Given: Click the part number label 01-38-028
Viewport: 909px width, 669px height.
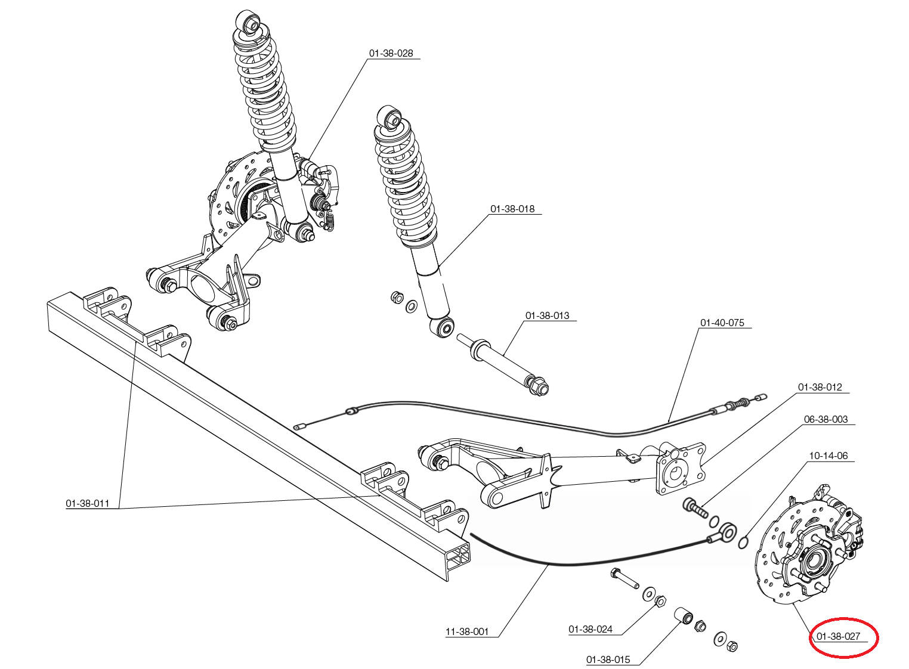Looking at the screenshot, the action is (x=391, y=53).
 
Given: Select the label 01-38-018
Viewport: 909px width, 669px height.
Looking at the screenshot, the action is (x=512, y=209).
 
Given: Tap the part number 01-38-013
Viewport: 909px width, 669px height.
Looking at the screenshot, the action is (x=547, y=315).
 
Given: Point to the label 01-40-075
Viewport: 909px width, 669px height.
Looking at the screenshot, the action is (x=722, y=323).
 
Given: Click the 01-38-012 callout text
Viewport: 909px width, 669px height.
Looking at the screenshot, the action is (x=820, y=387).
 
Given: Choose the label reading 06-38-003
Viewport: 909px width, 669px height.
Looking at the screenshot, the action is (x=825, y=419).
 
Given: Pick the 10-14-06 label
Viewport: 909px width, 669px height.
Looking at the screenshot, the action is (x=828, y=456).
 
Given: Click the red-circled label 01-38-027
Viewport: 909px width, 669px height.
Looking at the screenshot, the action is (x=838, y=636).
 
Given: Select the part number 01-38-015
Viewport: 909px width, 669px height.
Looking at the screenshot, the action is (x=608, y=659).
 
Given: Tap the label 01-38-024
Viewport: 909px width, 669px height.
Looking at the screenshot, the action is (x=590, y=629).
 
